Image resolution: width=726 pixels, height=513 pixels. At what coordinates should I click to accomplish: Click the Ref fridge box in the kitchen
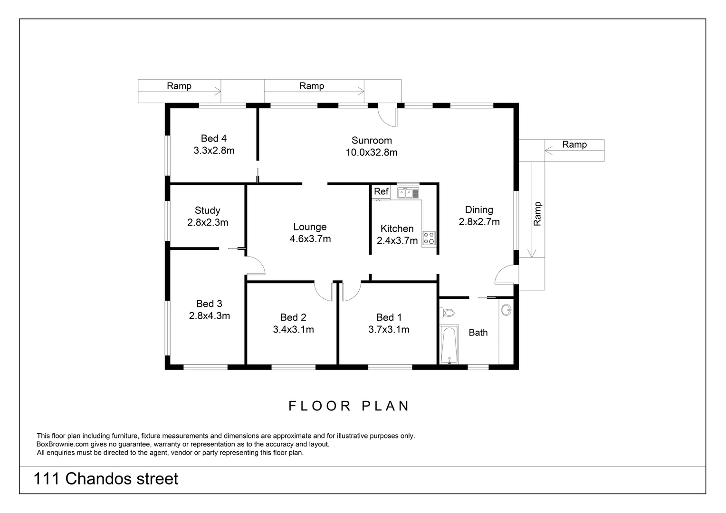(x=381, y=192)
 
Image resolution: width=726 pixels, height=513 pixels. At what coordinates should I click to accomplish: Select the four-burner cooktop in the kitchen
(x=429, y=238)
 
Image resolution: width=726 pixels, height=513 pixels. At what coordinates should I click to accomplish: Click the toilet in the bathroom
(x=447, y=313)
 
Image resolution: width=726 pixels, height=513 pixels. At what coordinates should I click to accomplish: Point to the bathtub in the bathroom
(x=449, y=344)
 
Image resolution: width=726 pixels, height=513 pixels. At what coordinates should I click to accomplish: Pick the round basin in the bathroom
(x=507, y=310)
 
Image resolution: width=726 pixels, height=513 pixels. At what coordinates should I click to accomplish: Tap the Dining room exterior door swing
(x=506, y=275)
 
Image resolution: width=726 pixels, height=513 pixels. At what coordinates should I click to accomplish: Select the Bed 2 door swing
(x=325, y=290)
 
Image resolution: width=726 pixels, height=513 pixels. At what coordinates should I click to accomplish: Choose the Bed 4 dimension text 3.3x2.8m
(x=214, y=151)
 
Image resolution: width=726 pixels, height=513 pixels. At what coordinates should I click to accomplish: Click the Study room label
(x=208, y=210)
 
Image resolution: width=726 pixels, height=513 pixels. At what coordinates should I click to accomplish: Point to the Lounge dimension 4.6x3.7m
(x=310, y=239)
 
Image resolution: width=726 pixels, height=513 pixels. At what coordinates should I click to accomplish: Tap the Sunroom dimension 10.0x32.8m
(x=372, y=152)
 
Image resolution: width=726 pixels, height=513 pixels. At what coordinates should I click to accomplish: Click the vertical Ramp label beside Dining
(x=537, y=214)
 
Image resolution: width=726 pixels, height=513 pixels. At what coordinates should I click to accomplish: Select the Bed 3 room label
(x=209, y=304)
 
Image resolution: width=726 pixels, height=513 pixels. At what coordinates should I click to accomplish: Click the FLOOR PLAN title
(x=349, y=406)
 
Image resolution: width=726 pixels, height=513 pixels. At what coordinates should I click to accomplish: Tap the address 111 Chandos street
(x=106, y=479)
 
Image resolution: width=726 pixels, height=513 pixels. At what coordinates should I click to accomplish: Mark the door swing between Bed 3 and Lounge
(x=255, y=265)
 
